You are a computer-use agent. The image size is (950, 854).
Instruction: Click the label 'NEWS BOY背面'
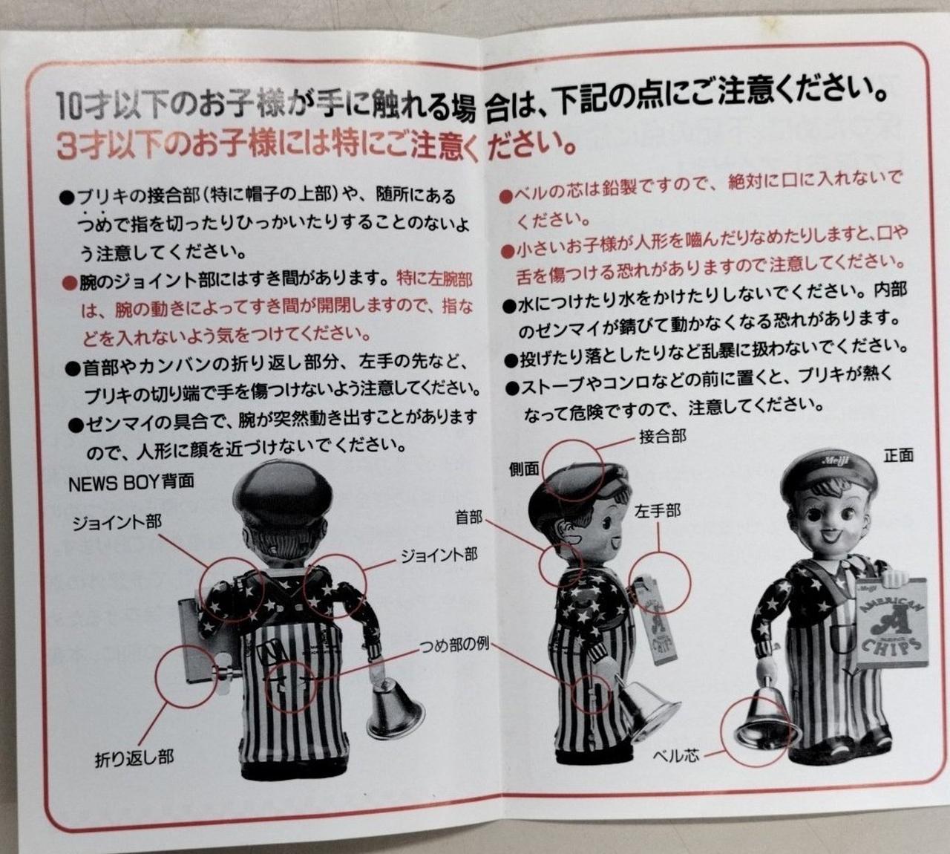[x=131, y=483]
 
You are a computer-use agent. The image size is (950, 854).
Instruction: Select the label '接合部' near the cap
[x=663, y=437]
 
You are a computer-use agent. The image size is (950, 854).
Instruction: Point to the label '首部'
[x=469, y=518]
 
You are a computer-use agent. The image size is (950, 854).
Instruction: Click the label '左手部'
[x=658, y=511]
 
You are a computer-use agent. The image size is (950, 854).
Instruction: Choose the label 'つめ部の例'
[x=454, y=643]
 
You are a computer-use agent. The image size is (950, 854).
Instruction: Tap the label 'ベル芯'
[x=676, y=755]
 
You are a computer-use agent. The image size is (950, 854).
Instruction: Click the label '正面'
[x=899, y=455]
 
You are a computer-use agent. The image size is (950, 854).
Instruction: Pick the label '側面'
[x=524, y=469]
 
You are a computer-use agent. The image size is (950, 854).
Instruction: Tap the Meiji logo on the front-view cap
[x=836, y=460]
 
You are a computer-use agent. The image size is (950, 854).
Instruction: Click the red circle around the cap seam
[x=572, y=470]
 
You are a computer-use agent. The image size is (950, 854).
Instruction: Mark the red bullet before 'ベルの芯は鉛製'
[x=505, y=197]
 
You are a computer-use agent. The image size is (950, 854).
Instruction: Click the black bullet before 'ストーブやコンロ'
[x=513, y=388]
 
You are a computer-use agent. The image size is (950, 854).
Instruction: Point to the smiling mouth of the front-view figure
[x=829, y=535]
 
